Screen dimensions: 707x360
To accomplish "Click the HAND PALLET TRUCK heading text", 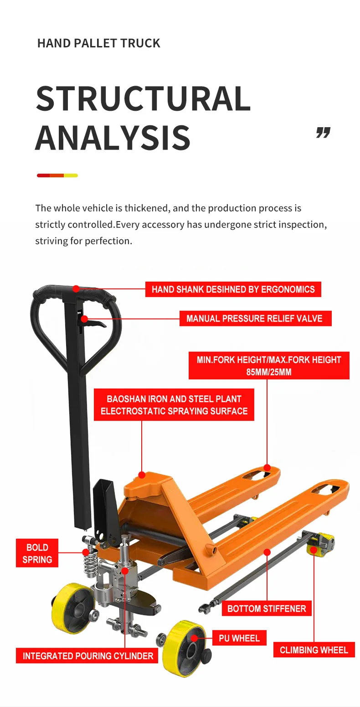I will tap(98, 43).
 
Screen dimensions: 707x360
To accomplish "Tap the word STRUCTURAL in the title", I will tap(143, 98).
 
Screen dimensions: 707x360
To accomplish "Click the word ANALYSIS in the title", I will tap(113, 137).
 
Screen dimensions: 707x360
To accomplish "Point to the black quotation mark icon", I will tap(323, 133).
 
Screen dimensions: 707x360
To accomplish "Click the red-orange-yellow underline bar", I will tap(57, 175).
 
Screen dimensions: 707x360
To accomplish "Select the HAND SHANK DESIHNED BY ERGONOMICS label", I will tap(233, 289).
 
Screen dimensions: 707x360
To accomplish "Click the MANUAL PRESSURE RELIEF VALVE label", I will tap(254, 319).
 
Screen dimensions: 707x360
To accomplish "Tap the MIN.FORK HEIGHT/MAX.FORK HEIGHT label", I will tap(269, 366).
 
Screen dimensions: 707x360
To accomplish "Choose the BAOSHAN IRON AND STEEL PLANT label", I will tap(174, 405).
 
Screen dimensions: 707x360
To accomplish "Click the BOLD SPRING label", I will tap(37, 553).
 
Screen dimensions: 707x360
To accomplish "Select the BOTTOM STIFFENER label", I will tap(267, 609).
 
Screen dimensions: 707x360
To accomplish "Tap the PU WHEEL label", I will tap(239, 638).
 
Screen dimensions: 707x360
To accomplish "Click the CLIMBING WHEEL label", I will tap(314, 650).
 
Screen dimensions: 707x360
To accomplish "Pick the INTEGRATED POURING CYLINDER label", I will tap(88, 656).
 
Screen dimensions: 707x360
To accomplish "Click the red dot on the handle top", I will tap(76, 289).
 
